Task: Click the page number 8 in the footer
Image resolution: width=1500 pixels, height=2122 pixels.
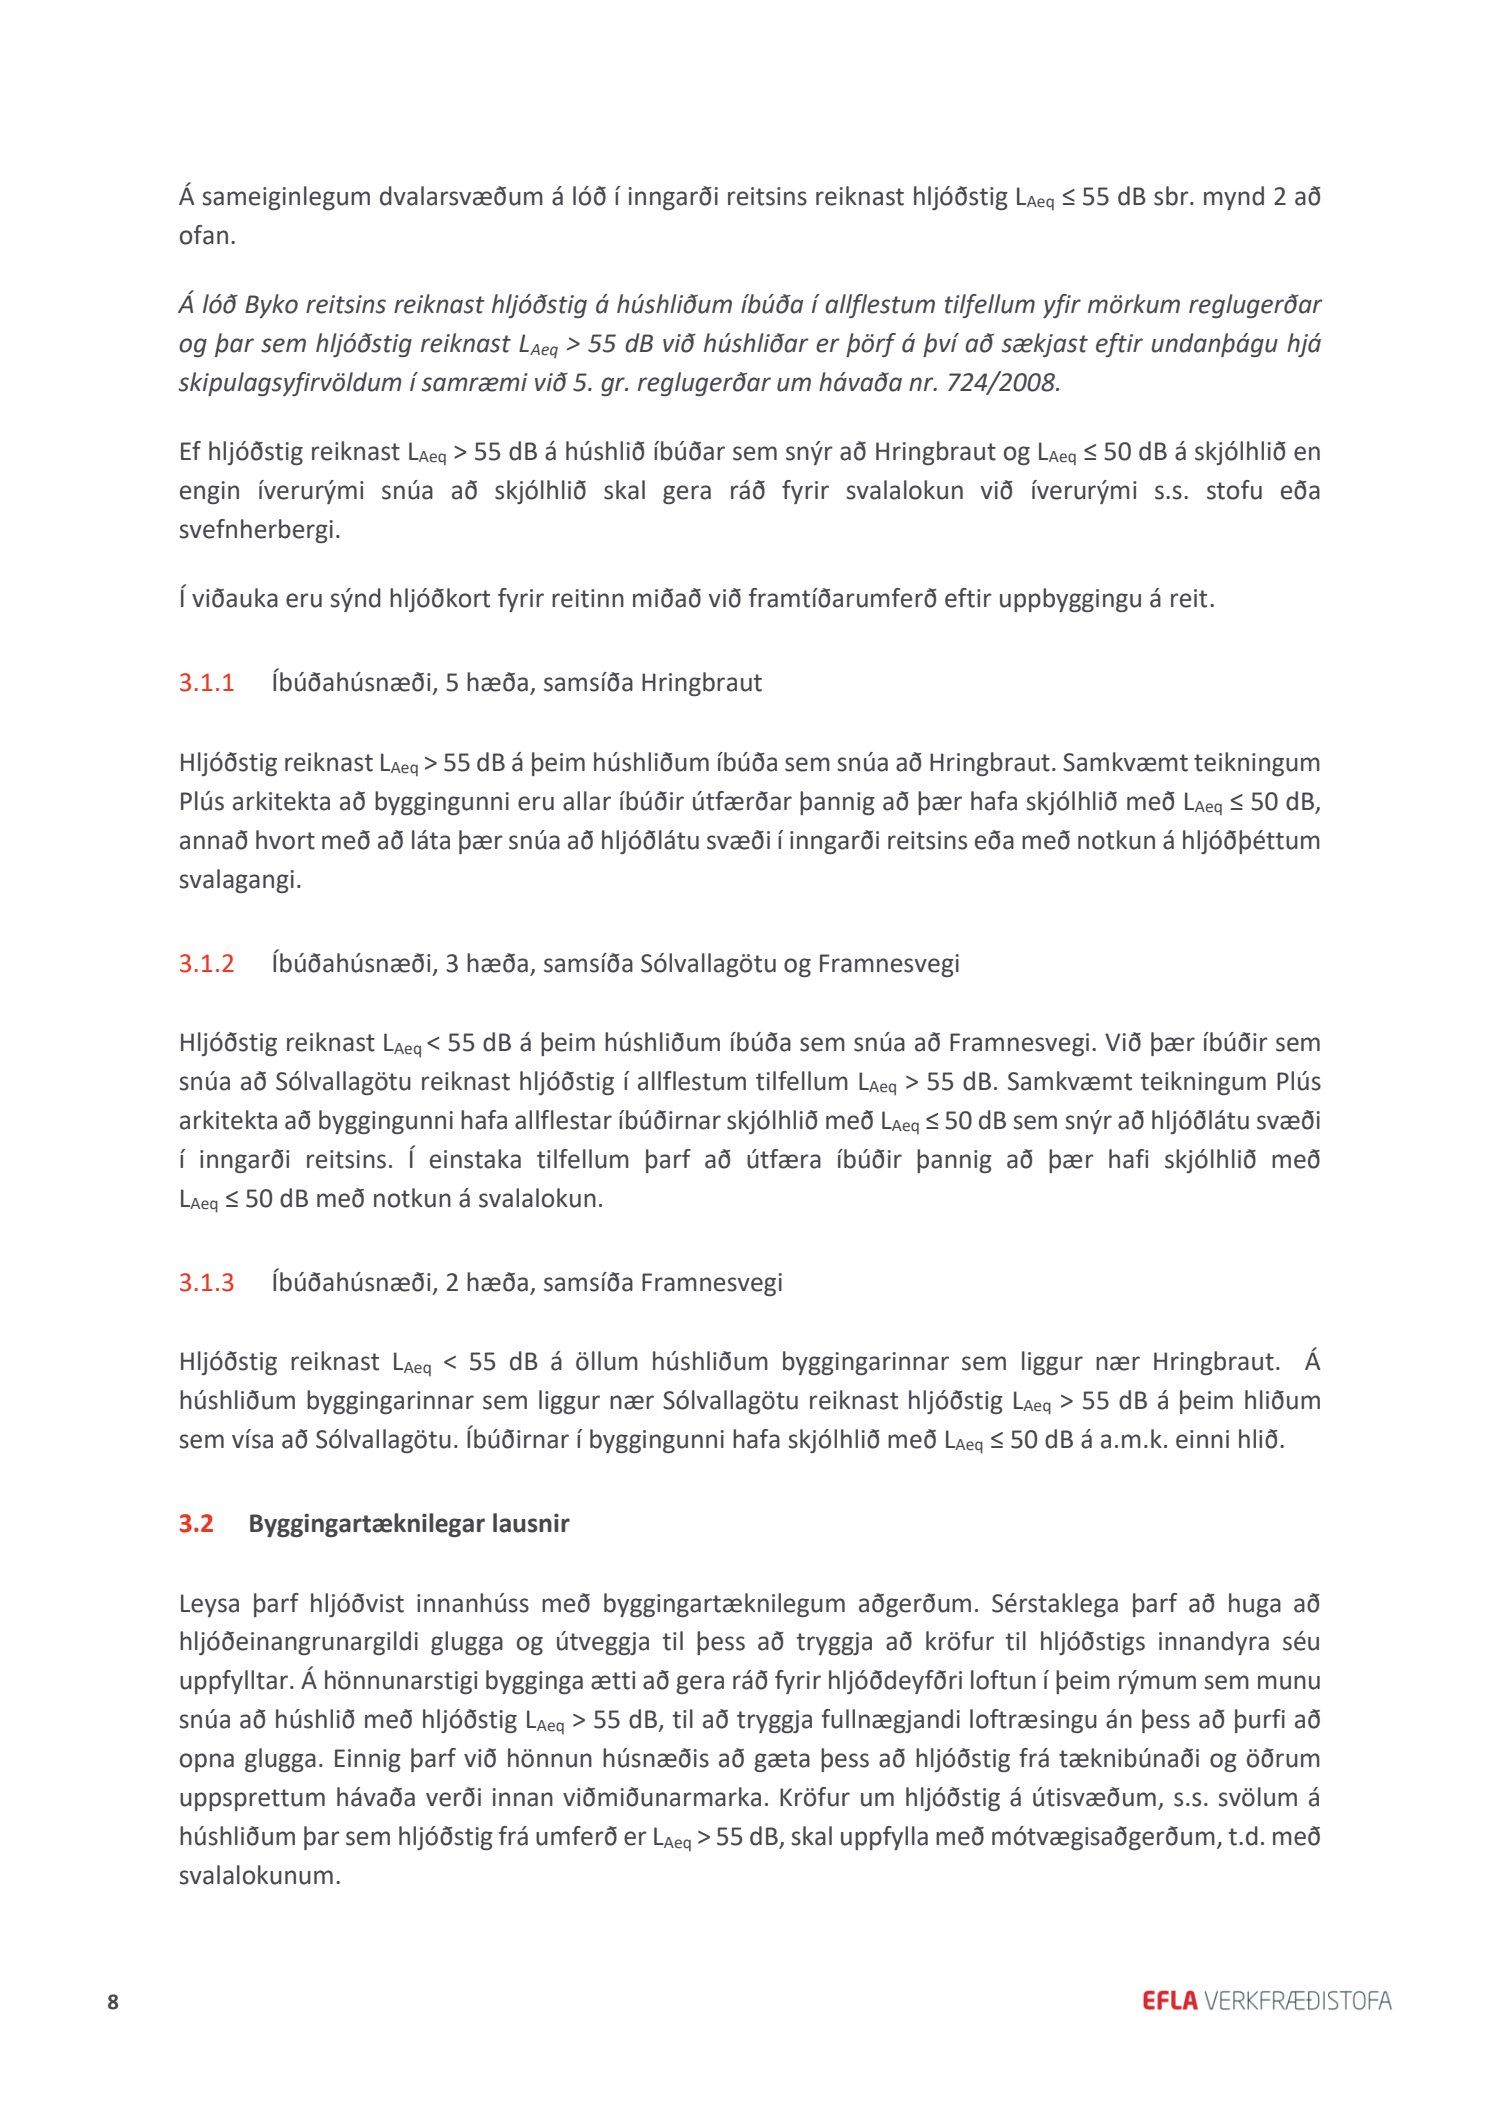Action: pyautogui.click(x=113, y=2002)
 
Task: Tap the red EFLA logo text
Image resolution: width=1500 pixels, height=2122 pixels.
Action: pyautogui.click(x=1169, y=2001)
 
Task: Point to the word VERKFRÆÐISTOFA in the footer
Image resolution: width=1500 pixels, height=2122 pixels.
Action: pyautogui.click(x=1298, y=2001)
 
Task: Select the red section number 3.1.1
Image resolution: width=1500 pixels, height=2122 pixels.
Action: pyautogui.click(x=206, y=683)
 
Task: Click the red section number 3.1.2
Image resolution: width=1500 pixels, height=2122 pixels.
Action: pyautogui.click(x=206, y=963)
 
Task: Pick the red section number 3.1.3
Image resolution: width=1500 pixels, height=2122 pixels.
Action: pyautogui.click(x=206, y=1282)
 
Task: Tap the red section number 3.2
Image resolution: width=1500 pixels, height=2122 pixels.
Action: pyautogui.click(x=196, y=1523)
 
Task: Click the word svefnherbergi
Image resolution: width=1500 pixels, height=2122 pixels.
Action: pyautogui.click(x=259, y=530)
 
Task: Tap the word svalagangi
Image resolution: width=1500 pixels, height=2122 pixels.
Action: pyautogui.click(x=240, y=881)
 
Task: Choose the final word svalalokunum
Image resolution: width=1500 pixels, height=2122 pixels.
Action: pyautogui.click(x=260, y=1875)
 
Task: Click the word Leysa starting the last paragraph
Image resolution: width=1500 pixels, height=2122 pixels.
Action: pyautogui.click(x=210, y=1603)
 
